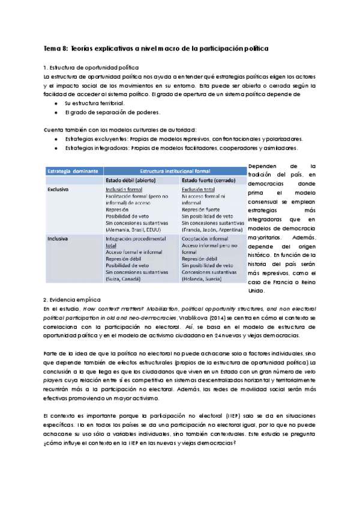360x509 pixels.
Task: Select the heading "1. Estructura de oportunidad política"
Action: [x=86, y=68]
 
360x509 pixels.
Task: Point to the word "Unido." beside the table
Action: [x=256, y=290]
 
